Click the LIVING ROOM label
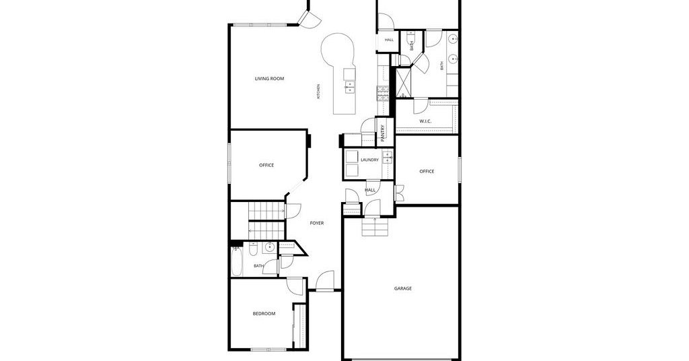[269, 79]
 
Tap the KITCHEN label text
[318, 92]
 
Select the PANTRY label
[383, 133]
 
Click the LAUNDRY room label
[369, 160]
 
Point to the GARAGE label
[403, 288]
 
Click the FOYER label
[317, 224]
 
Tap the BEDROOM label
[264, 313]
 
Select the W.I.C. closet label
[425, 121]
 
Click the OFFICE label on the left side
[266, 165]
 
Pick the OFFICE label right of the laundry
[427, 172]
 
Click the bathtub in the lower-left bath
[236, 261]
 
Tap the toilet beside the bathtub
[253, 249]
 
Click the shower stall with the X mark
[402, 82]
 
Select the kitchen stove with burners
[383, 94]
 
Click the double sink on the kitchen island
[349, 87]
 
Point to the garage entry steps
[375, 227]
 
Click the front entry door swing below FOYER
[325, 281]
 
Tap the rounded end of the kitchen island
[337, 50]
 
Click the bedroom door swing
[295, 287]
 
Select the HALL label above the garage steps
[370, 191]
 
